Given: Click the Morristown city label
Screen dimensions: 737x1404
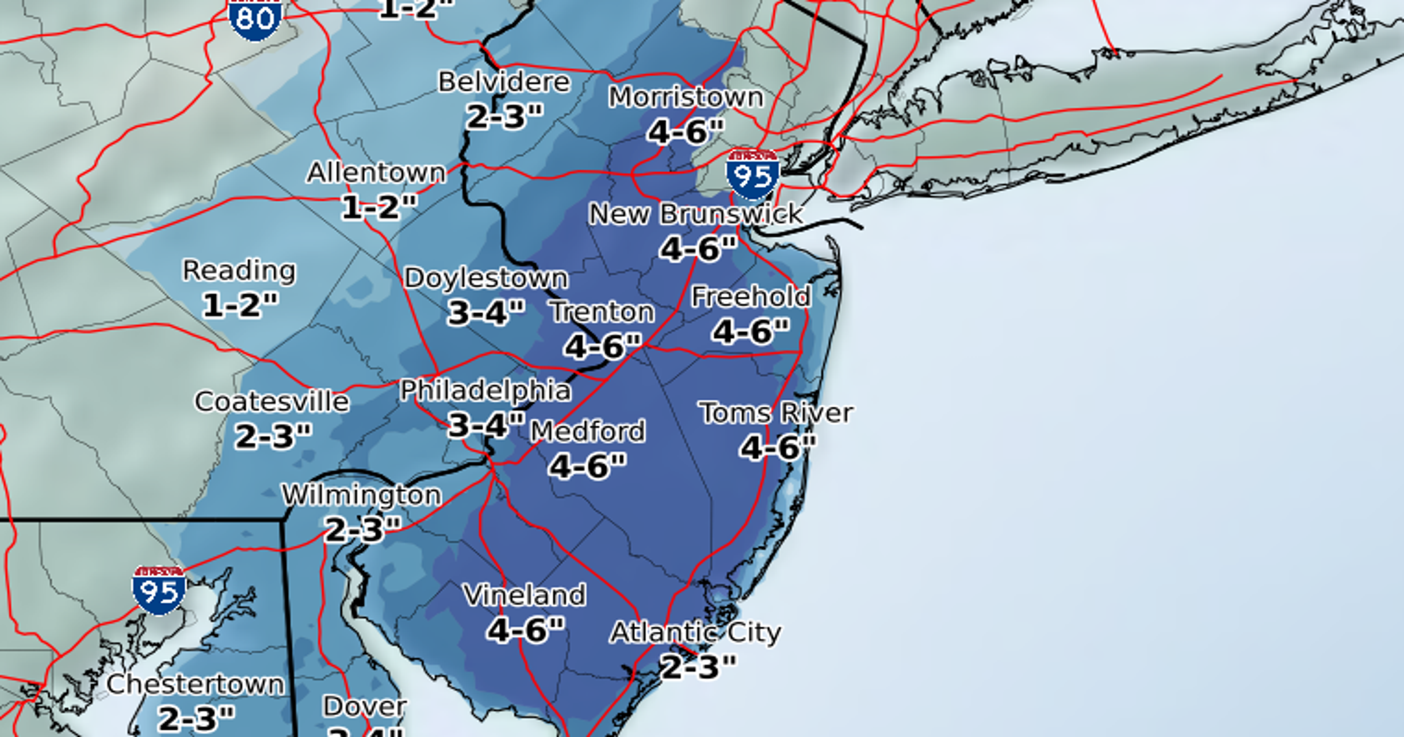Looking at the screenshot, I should point(686,97).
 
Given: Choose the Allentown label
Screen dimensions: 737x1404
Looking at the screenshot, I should point(376,173).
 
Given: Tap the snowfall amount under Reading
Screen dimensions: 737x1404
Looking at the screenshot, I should point(240,305).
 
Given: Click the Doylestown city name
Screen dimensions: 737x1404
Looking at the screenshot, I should point(486,279).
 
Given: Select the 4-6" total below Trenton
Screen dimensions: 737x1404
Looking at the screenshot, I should point(602,346).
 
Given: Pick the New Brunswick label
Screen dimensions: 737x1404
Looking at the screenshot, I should point(696,214).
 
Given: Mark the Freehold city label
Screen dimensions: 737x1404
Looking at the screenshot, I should point(751,297).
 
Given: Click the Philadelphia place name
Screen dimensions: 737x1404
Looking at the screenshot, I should point(485,391).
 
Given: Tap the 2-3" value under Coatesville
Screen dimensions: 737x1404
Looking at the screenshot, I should point(272,436).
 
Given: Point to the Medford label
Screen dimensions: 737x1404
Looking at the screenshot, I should point(587,432).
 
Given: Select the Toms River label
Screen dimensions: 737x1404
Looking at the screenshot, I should point(777,413).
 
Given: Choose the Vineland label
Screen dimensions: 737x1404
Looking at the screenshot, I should point(525,595).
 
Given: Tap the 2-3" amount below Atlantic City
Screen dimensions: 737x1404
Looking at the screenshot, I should point(698,666).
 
